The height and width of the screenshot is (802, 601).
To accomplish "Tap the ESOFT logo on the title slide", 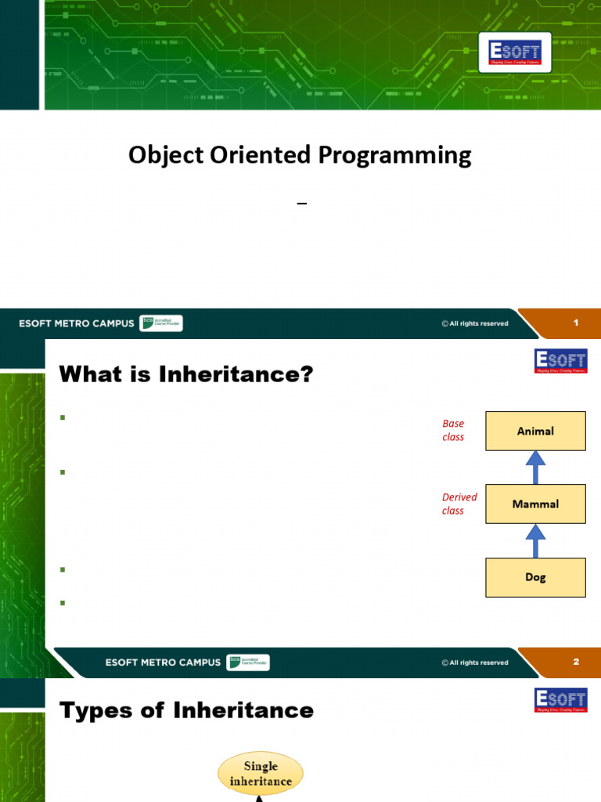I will click(x=515, y=52).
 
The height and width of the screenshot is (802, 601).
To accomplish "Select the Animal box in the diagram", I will click(x=535, y=431).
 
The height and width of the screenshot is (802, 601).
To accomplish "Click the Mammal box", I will click(x=535, y=504).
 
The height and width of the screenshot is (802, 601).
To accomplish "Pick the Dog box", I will click(x=535, y=577).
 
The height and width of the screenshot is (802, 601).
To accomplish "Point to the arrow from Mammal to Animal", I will click(x=535, y=468).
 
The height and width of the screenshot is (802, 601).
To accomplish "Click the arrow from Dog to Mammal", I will click(x=535, y=540).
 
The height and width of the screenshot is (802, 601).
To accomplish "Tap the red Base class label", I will click(x=453, y=430).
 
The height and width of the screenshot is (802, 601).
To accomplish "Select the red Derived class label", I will click(x=459, y=504).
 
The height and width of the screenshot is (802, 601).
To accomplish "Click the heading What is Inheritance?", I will click(x=186, y=376).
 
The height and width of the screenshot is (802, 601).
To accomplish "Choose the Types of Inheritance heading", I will click(x=186, y=710).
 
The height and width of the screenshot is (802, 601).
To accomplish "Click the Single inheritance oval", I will click(x=261, y=773).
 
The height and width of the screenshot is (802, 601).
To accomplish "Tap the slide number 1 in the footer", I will click(x=576, y=323).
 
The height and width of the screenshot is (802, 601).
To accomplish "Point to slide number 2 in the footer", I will click(x=576, y=662).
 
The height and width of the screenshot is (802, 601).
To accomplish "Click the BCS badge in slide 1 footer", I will click(x=160, y=323).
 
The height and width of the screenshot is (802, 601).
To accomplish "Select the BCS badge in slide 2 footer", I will click(x=247, y=662).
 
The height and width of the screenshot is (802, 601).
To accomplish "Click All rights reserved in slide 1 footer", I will click(x=474, y=323).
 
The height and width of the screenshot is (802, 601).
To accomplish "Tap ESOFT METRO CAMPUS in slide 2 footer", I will click(x=163, y=663).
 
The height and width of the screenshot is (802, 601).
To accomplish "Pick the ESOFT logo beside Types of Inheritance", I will click(x=560, y=701).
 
